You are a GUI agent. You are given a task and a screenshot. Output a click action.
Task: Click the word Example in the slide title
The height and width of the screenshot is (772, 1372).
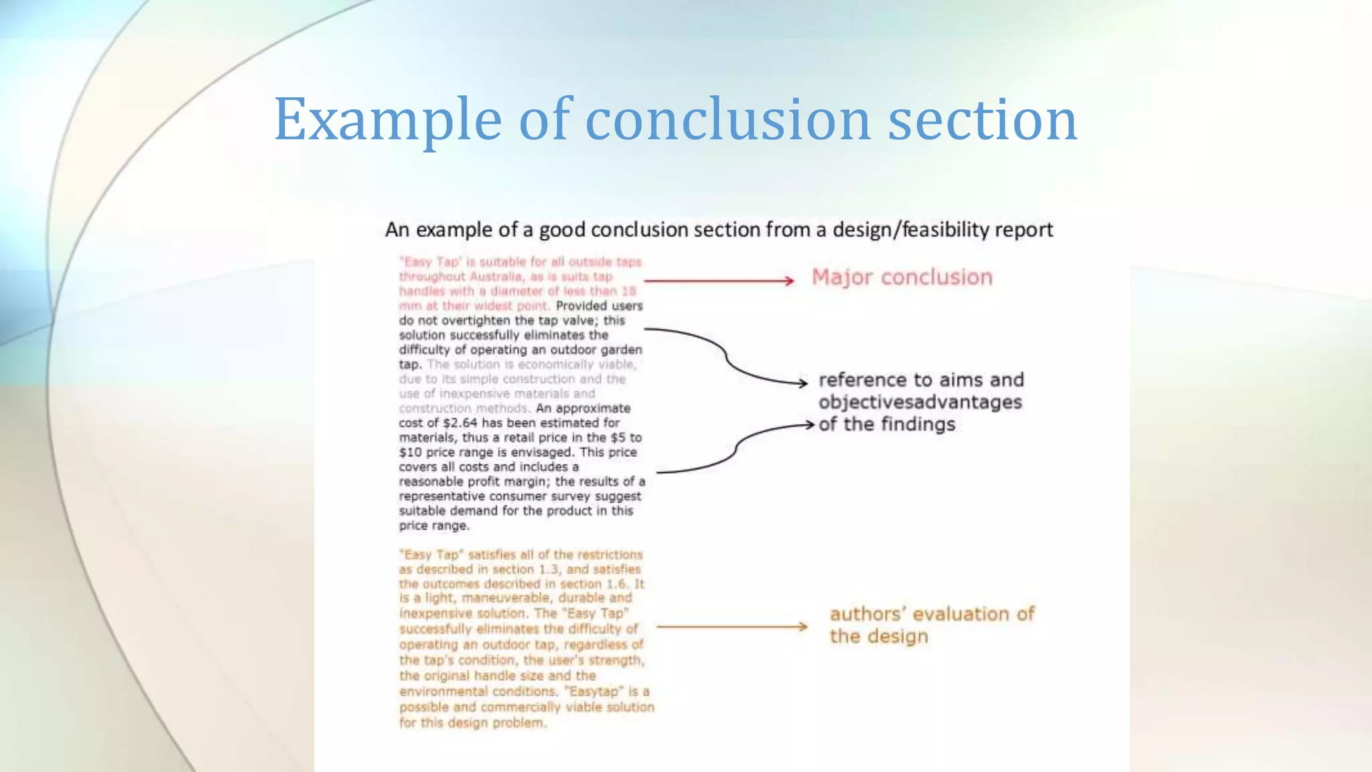pos(388,121)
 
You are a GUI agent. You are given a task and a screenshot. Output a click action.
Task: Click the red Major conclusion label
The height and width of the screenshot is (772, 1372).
pos(902,277)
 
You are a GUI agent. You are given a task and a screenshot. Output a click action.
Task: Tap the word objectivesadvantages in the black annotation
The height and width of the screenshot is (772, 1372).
pos(920,402)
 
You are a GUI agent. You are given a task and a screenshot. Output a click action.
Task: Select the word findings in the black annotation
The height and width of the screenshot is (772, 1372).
pos(917,424)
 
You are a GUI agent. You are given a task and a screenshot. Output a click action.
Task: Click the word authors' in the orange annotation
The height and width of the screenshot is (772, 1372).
pos(868,614)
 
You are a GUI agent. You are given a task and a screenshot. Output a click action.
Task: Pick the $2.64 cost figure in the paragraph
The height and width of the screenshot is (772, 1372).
pos(460,423)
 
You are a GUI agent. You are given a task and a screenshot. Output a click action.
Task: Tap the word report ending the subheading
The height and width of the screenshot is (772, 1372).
pos(1024,230)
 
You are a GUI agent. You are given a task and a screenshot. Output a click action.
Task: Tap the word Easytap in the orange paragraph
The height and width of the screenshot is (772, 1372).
pos(595,691)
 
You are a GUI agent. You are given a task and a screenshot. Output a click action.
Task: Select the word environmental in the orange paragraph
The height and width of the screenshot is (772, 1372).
pos(444,691)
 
